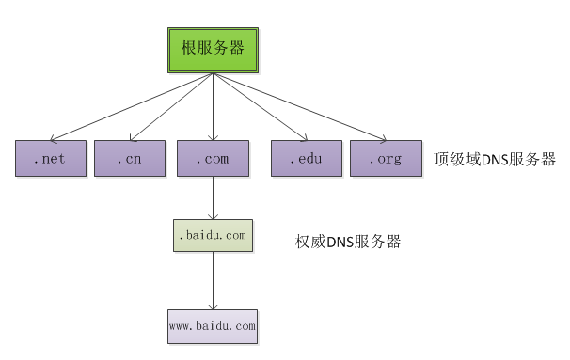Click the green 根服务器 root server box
coord(213,46)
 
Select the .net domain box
coord(51,159)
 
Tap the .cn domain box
coord(129,159)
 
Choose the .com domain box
coord(213,159)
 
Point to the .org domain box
coord(386,159)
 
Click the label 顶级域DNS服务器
coord(495,158)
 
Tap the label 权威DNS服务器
coord(348,242)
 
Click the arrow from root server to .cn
coord(171,108)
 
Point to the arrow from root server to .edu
coord(260,108)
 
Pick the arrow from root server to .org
coord(299,108)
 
